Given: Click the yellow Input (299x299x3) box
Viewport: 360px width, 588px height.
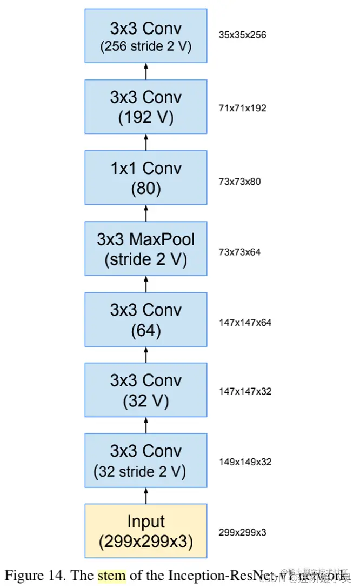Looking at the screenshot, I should click(146, 531).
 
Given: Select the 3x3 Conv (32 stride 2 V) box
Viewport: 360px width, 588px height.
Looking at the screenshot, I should click(146, 460).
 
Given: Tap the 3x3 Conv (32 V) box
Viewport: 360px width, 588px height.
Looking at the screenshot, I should click(146, 390).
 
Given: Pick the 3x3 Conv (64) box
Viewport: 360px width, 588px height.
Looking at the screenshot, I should click(146, 319).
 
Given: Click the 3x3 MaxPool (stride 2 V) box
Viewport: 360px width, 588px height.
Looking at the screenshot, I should click(146, 249).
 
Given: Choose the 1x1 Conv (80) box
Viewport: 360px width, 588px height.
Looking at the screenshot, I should click(146, 178).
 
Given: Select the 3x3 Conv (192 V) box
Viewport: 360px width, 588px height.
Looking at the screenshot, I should click(146, 107).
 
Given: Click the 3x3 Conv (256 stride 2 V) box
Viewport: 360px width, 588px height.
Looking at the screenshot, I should click(146, 36).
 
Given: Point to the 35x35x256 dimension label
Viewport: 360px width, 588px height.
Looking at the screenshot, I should click(243, 35).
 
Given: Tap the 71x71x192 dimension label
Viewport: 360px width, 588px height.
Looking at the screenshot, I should click(243, 108).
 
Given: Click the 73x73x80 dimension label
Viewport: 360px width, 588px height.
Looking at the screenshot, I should click(239, 182).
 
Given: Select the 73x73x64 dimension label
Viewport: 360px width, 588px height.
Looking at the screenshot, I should click(239, 252).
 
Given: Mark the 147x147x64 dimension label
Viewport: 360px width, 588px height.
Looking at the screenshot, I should click(245, 323).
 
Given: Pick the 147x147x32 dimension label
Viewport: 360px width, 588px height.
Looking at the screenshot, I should click(245, 391).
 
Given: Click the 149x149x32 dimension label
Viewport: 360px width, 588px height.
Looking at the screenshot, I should click(245, 462).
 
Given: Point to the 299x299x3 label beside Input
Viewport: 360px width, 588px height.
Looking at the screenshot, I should click(242, 532).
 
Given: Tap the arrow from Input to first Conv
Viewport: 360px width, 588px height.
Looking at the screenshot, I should click(146, 496).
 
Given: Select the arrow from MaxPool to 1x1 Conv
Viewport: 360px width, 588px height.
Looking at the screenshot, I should click(146, 213).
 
